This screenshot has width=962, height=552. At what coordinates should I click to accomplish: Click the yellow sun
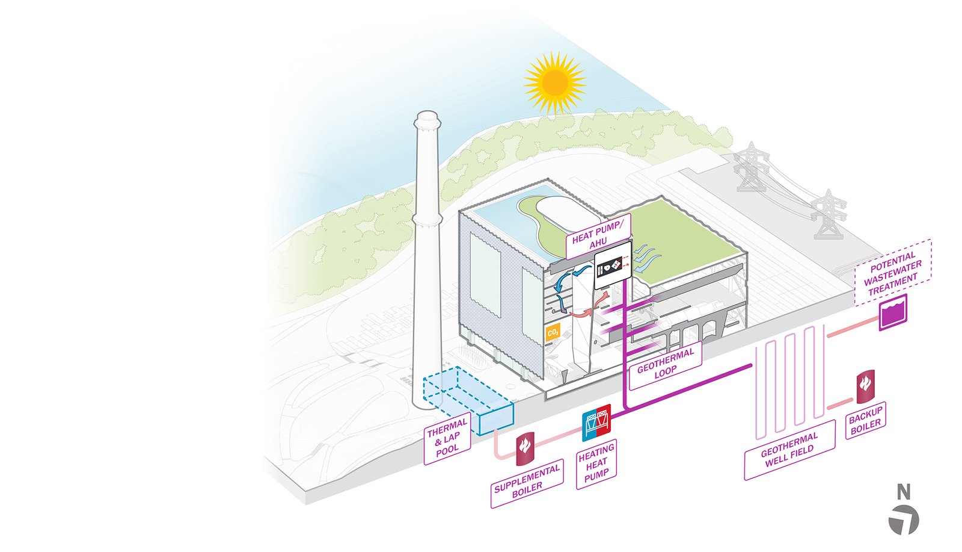tap(554, 83)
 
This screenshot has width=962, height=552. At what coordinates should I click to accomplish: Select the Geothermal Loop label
tap(665, 362)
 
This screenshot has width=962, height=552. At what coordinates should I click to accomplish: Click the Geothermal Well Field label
tap(789, 450)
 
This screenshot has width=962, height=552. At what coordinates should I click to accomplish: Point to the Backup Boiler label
tap(865, 420)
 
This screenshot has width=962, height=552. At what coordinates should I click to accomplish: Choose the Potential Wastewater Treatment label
tap(893, 272)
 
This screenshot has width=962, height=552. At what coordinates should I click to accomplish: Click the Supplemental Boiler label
tap(527, 480)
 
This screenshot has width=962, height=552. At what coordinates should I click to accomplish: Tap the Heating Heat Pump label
tap(596, 463)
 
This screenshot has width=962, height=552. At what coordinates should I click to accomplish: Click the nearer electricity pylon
tap(829, 215)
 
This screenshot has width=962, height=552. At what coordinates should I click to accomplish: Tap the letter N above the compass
tap(904, 492)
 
